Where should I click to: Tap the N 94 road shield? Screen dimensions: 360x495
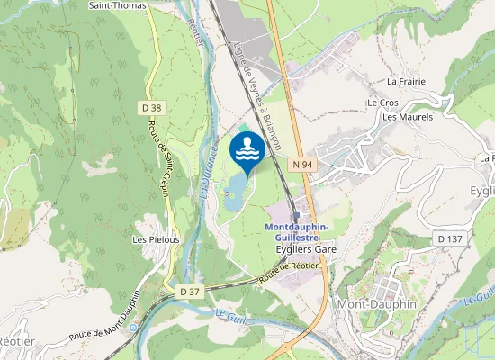[x=301, y=165]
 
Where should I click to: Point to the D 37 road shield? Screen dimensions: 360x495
[x=189, y=292]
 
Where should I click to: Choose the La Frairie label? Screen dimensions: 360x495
[x=405, y=81]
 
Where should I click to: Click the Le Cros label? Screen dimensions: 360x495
[x=382, y=103]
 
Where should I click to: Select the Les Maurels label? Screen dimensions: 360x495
[x=408, y=117]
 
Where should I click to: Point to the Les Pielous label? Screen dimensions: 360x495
[x=156, y=240]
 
